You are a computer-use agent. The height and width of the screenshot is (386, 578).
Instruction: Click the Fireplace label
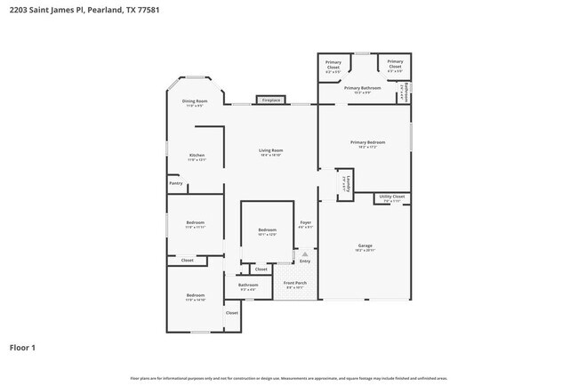[272, 101]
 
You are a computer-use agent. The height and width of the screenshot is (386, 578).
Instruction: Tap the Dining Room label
[195, 101]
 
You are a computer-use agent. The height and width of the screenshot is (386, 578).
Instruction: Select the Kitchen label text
[197, 156]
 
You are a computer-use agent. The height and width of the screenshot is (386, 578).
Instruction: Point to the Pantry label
[175, 183]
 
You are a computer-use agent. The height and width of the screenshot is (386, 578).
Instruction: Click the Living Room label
[270, 150]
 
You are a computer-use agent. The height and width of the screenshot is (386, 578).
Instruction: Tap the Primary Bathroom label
[362, 88]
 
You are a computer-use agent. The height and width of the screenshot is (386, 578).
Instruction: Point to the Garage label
[365, 245]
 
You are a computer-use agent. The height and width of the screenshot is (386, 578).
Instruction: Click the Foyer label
[305, 222]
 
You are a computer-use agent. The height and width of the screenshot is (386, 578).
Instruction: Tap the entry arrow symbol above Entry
[305, 253]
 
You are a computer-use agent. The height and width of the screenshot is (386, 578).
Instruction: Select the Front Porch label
[294, 284]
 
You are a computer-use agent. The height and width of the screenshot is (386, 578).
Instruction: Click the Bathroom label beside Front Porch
[247, 285]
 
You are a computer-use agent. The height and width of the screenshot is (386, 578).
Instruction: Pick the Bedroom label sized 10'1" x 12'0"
[267, 230]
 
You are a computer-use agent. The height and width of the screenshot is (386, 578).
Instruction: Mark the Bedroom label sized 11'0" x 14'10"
[196, 295]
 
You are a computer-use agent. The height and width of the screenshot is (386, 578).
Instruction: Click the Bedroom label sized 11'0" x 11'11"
[195, 222]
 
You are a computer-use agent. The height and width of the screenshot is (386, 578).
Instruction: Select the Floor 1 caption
[23, 347]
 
